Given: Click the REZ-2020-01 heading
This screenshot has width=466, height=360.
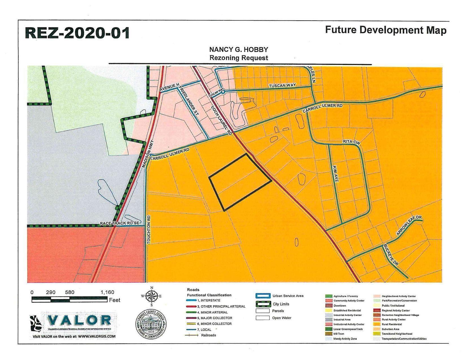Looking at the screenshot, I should coord(77,33).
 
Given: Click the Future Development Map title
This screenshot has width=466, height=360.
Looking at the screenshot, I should coord(386,30).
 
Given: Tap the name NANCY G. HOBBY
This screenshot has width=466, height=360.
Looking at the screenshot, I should coord(239,49).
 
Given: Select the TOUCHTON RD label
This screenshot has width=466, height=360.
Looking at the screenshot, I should coord(149,230).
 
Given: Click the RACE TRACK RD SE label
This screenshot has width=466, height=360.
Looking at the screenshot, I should coord(120,223).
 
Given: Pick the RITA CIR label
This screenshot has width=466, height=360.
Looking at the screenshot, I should coord(351,142).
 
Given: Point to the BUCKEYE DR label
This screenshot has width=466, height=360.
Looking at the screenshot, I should coord(390,255).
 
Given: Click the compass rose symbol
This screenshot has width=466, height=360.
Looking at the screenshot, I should coord(152,296).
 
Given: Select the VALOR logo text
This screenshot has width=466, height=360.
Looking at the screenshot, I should coord(79,320).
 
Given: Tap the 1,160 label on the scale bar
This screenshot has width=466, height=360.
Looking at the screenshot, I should coord(107,293).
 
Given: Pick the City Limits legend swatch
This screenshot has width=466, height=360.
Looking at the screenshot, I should coord(263,304).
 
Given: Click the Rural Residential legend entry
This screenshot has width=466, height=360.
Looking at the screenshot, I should coord(392,324).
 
